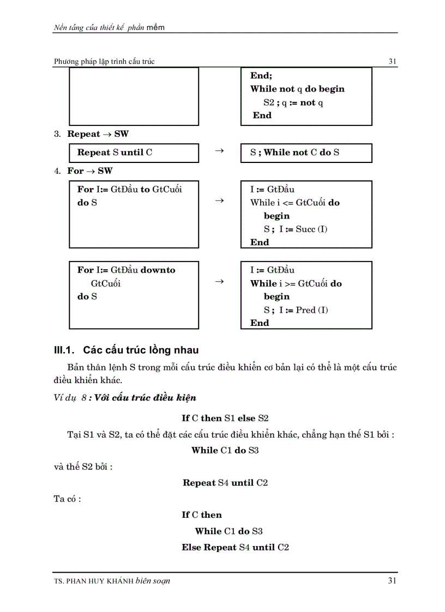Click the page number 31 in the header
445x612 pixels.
click(392, 62)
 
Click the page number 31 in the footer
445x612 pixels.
click(392, 581)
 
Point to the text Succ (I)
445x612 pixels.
click(311, 229)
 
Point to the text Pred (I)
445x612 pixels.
click(312, 310)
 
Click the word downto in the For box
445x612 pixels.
click(158, 270)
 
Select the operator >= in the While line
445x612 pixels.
click(290, 283)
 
